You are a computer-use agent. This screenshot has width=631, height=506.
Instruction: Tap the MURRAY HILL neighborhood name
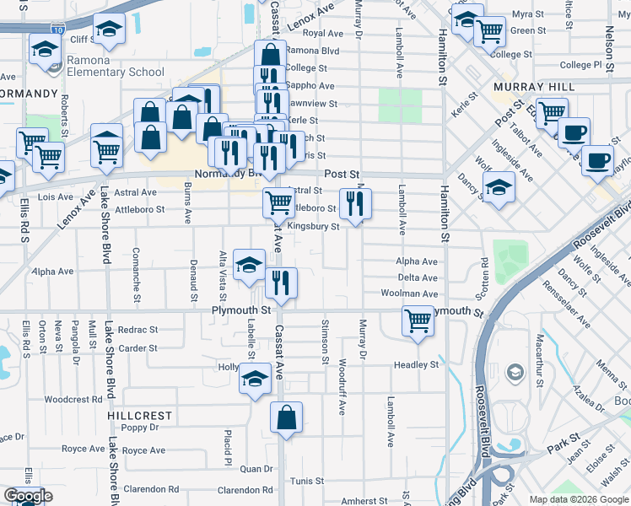pos(534,87)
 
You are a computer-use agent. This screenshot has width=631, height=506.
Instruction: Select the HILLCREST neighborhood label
pos(140,416)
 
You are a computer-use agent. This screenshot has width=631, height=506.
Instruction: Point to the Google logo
pos(28,496)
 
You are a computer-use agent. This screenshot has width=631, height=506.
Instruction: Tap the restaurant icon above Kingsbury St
pos(355,203)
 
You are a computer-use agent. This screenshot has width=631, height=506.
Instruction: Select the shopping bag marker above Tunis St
pos(287,417)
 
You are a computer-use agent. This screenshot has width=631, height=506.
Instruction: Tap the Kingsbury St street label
pos(313,226)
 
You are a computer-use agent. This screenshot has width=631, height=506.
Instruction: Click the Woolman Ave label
pos(418,293)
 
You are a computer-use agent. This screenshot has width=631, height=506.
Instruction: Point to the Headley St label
pos(416,364)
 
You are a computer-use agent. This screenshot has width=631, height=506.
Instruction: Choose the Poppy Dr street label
pos(140,428)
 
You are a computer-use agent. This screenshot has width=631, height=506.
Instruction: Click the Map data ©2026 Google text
pos(579,498)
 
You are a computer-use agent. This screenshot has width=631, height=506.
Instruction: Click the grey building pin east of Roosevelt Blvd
pos(514,371)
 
